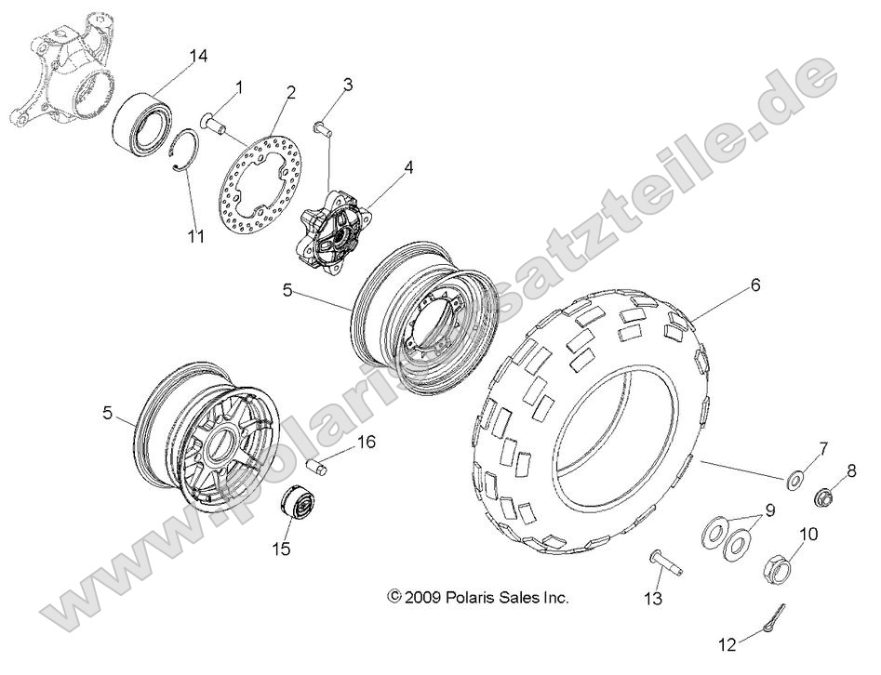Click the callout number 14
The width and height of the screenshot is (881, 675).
[196, 57]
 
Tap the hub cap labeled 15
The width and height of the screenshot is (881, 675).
[298, 508]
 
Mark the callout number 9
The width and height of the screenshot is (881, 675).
[769, 510]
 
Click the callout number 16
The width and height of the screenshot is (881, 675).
[366, 443]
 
